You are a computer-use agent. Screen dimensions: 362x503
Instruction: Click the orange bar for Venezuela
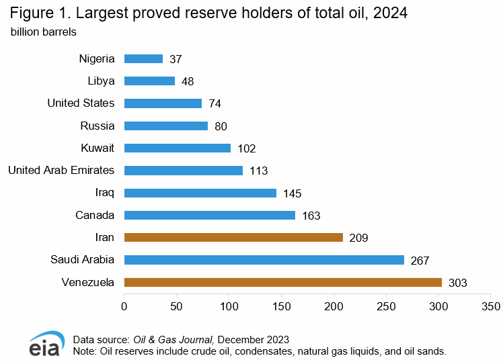pos(283,282)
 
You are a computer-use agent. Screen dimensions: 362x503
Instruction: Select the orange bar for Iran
pos(233,237)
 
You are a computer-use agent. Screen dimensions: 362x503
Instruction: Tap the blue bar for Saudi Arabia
pos(264,260)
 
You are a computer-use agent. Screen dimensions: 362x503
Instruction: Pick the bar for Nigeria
pos(144,58)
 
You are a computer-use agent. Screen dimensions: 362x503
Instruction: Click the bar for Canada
pos(210,215)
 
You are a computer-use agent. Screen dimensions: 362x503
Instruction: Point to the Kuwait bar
pos(178,148)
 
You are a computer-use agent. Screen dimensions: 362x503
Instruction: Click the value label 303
pos(457,283)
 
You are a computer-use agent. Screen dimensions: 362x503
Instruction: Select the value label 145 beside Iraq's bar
pos(292,193)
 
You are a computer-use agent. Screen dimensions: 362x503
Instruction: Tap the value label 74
pos(215,103)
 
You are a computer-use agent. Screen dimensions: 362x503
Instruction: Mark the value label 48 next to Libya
pos(188,81)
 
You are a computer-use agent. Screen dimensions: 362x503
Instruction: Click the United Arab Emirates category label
pos(61,170)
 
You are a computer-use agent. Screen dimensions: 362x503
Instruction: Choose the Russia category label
pos(98,126)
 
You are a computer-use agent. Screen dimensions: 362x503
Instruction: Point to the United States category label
pos(81,103)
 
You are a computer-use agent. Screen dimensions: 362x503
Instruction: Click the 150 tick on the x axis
pos(281,306)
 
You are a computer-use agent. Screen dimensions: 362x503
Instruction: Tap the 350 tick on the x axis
pos(491,306)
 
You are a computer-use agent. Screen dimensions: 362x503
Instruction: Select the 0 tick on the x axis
pos(124,306)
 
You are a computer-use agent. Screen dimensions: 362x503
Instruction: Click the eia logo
pos(45,344)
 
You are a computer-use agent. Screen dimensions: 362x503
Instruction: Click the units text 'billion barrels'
pos(43,32)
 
